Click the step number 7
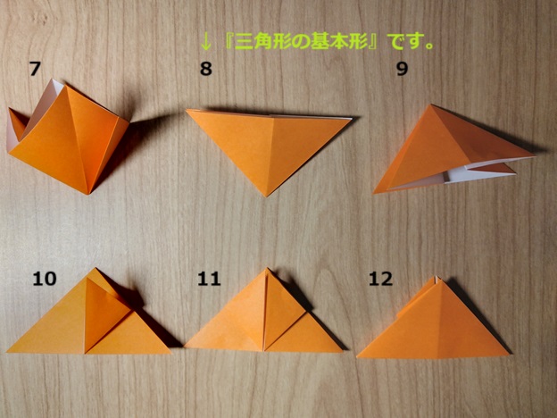tap(35, 69)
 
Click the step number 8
tap(206, 69)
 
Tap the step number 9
tap(402, 69)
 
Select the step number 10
tap(45, 279)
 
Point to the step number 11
tap(209, 279)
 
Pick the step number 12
tap(380, 279)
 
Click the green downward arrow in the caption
tap(205, 43)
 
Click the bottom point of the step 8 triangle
tap(266, 196)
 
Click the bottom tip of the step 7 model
tap(87, 194)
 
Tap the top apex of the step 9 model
tap(431, 104)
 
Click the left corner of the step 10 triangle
tap(7, 352)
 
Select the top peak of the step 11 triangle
tap(266, 268)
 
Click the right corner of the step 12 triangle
tap(510, 355)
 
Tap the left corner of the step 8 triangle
tap(187, 110)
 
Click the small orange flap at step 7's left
tap(17, 121)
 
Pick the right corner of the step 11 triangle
tap(343, 351)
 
